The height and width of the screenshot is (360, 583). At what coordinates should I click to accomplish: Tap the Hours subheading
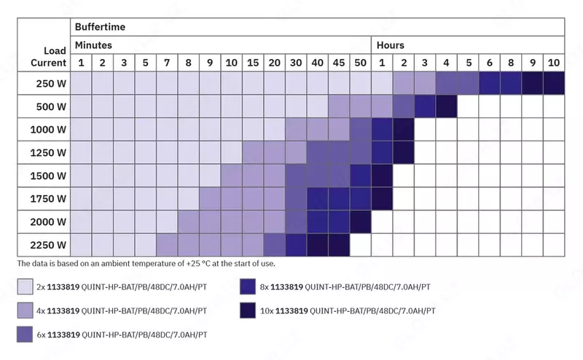tap(390, 45)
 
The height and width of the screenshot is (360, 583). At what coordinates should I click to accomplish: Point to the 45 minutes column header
tap(339, 63)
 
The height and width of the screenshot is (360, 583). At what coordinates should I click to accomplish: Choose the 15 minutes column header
tap(253, 63)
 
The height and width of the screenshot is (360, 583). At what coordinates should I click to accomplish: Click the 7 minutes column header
tap(166, 63)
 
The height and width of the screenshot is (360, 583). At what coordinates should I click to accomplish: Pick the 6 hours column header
tap(489, 63)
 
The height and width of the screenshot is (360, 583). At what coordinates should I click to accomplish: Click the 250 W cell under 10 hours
tap(554, 84)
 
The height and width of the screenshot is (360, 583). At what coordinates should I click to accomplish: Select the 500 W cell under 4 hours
tap(446, 106)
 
